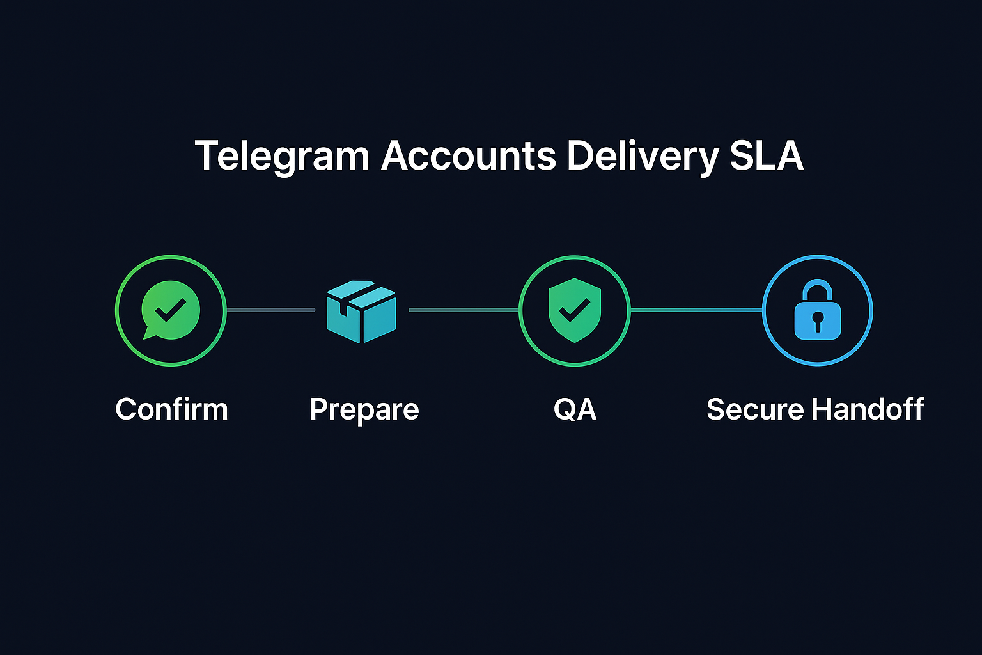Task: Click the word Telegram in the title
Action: (x=282, y=157)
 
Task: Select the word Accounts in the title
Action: (x=469, y=155)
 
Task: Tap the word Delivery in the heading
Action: (x=643, y=157)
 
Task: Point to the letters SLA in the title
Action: (x=766, y=155)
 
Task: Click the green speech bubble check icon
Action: (x=170, y=310)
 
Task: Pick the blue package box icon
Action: (x=361, y=312)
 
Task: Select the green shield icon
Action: (x=575, y=310)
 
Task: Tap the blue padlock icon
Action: (x=817, y=310)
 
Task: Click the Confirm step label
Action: (x=171, y=409)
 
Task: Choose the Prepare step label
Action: (x=364, y=410)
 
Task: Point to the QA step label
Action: (x=575, y=409)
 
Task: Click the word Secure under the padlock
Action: (x=755, y=409)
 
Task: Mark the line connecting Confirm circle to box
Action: (x=271, y=310)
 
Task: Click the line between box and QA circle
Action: (x=464, y=310)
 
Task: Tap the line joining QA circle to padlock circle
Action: (x=696, y=310)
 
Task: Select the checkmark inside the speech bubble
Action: (x=171, y=309)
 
